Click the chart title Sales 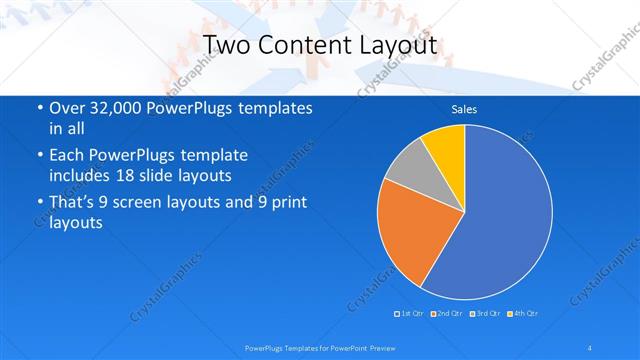coord(464,109)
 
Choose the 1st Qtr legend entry coord(411,314)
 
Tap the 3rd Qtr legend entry coord(485,314)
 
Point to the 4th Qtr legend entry coord(523,314)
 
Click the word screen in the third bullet coord(138,202)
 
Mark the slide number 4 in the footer coord(590,347)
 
